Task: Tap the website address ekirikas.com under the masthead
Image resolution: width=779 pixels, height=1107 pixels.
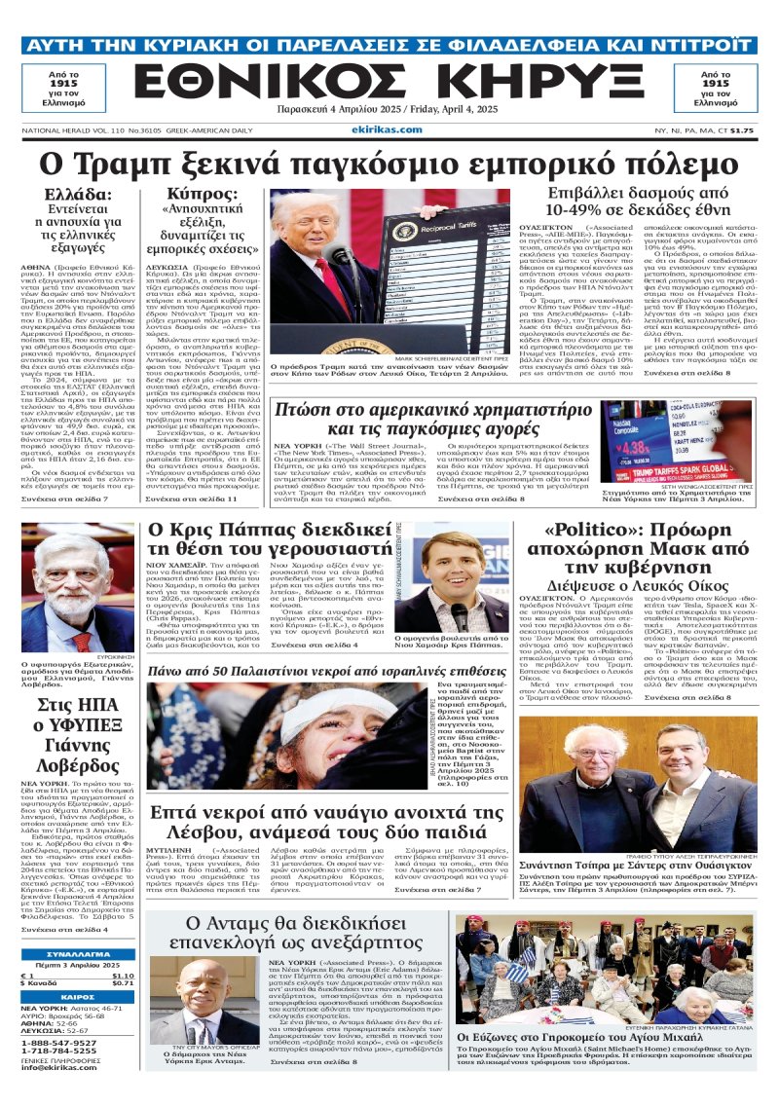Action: click(x=389, y=128)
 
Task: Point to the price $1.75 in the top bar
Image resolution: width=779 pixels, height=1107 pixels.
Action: click(x=742, y=130)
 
